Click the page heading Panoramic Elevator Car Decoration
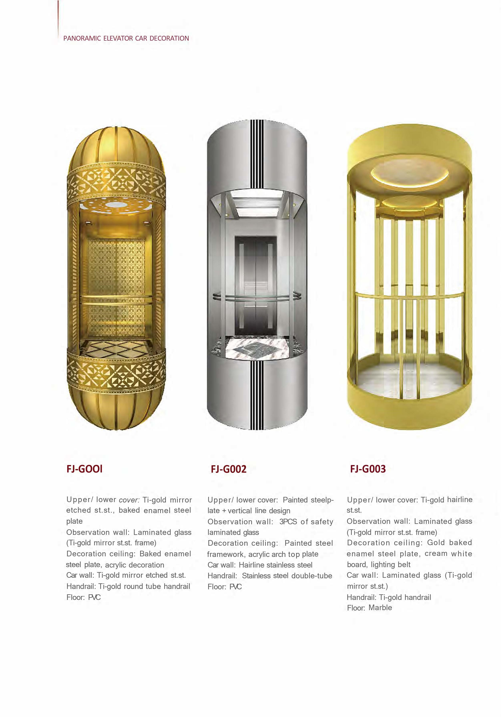click(126, 38)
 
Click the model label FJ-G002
click(228, 469)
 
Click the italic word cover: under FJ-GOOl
click(129, 500)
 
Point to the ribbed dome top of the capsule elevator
click(116, 147)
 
